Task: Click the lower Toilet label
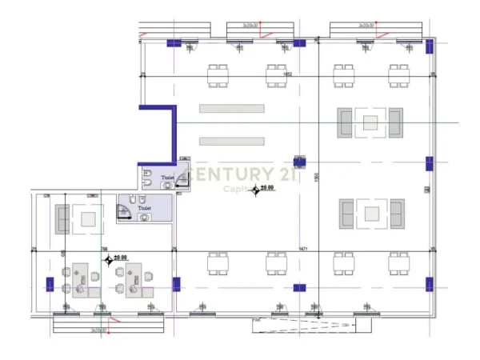[x=144, y=207]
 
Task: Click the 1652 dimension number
[x=287, y=74]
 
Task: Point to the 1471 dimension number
[x=303, y=250]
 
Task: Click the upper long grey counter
[x=231, y=108]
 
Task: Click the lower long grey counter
[x=231, y=141]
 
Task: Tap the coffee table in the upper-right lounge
[x=370, y=122]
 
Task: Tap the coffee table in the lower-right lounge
[x=370, y=213]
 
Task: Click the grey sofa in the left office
[x=62, y=219]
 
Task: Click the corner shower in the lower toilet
[x=126, y=210]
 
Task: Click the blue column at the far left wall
[x=50, y=283]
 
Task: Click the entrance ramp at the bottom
[x=312, y=323]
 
